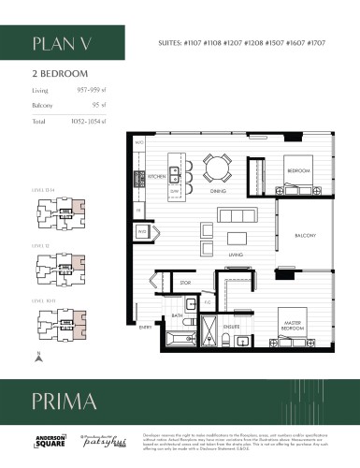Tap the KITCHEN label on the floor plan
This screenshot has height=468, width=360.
tap(155, 176)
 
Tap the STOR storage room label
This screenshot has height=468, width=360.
tap(186, 281)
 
